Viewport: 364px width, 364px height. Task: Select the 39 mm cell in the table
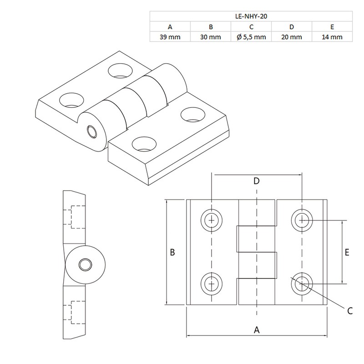[x=170, y=37]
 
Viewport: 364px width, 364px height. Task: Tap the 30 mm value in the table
[x=210, y=37]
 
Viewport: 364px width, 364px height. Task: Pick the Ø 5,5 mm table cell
[x=251, y=37]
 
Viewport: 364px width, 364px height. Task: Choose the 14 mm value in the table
[x=331, y=37]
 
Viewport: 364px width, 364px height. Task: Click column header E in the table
[x=331, y=27]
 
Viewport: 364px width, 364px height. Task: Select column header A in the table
[x=170, y=27]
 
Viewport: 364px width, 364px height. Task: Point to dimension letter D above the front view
[x=257, y=181]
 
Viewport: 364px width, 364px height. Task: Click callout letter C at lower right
[x=350, y=311]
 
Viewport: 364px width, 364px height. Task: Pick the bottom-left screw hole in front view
[x=212, y=284]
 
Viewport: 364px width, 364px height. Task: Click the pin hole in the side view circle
[x=85, y=265]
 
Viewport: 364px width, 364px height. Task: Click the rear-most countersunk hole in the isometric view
[x=119, y=70]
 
